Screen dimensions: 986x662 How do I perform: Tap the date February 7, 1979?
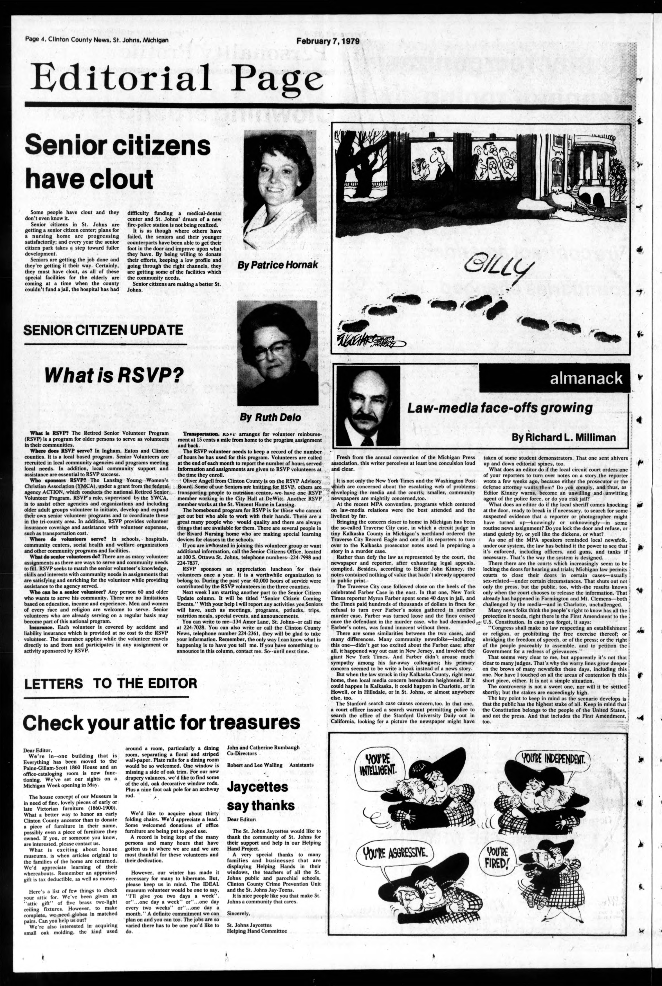(x=327, y=41)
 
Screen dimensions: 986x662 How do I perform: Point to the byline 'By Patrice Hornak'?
(x=277, y=265)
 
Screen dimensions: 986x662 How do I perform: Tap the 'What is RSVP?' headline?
(x=115, y=375)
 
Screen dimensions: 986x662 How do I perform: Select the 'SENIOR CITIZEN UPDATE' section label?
(x=104, y=330)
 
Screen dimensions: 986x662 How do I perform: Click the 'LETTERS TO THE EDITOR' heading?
(x=111, y=684)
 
